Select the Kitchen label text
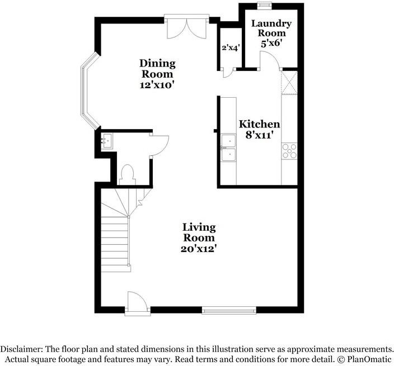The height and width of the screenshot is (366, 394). click(x=259, y=124)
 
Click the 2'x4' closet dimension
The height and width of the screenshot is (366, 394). click(x=230, y=48)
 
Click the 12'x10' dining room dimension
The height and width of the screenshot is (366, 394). click(x=157, y=85)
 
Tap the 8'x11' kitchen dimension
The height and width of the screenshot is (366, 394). click(x=259, y=135)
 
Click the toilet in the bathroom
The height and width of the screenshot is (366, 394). click(x=126, y=174)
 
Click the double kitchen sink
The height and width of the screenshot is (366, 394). click(x=228, y=148)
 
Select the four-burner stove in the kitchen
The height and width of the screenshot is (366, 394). click(x=289, y=149)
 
